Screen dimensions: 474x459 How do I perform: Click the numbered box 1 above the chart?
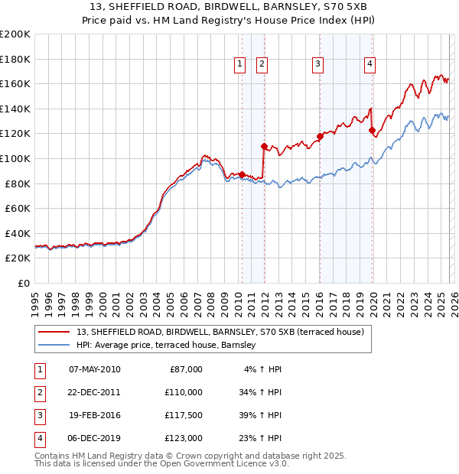pos(240,65)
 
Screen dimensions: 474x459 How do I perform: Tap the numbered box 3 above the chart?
pos(317,65)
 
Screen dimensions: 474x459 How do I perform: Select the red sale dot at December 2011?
pos(264,146)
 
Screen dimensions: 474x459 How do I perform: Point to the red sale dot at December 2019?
pos(372,130)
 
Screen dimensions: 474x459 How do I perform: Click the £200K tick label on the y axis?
pos(15,34)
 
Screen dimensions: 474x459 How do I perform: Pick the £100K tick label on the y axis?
pos(15,159)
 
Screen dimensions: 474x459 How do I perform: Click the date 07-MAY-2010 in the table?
pos(94,369)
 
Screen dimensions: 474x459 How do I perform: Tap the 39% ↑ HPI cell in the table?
pos(261,415)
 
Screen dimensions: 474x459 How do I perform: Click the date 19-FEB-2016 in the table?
pos(94,415)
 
